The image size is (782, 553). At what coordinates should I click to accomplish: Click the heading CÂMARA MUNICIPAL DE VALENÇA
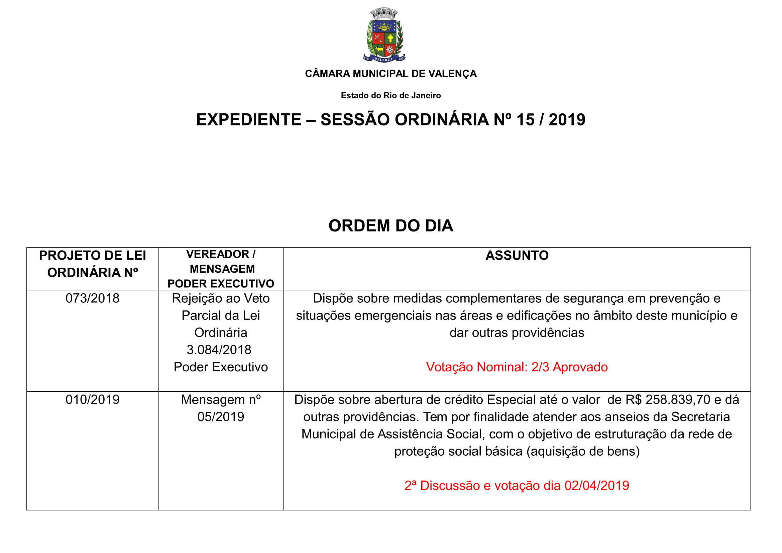390,74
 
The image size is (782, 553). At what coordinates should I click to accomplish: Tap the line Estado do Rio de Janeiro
390,96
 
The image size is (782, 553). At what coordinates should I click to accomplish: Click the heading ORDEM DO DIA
390,226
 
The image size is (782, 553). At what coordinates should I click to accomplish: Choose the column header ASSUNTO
517,256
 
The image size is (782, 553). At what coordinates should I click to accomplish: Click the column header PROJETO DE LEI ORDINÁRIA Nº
92,264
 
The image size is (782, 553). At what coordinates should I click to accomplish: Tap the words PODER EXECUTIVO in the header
221,284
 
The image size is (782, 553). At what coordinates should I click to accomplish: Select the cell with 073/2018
92,298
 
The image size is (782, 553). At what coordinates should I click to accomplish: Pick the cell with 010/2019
92,400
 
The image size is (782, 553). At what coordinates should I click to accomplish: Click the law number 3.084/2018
219,350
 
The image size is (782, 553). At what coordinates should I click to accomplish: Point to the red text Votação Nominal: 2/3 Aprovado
517,367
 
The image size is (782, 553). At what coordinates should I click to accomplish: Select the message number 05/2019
221,417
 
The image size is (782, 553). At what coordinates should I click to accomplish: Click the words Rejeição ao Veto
221,298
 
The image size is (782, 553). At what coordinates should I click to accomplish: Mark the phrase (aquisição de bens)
583,451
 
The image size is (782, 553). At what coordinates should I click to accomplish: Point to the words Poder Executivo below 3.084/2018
221,367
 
